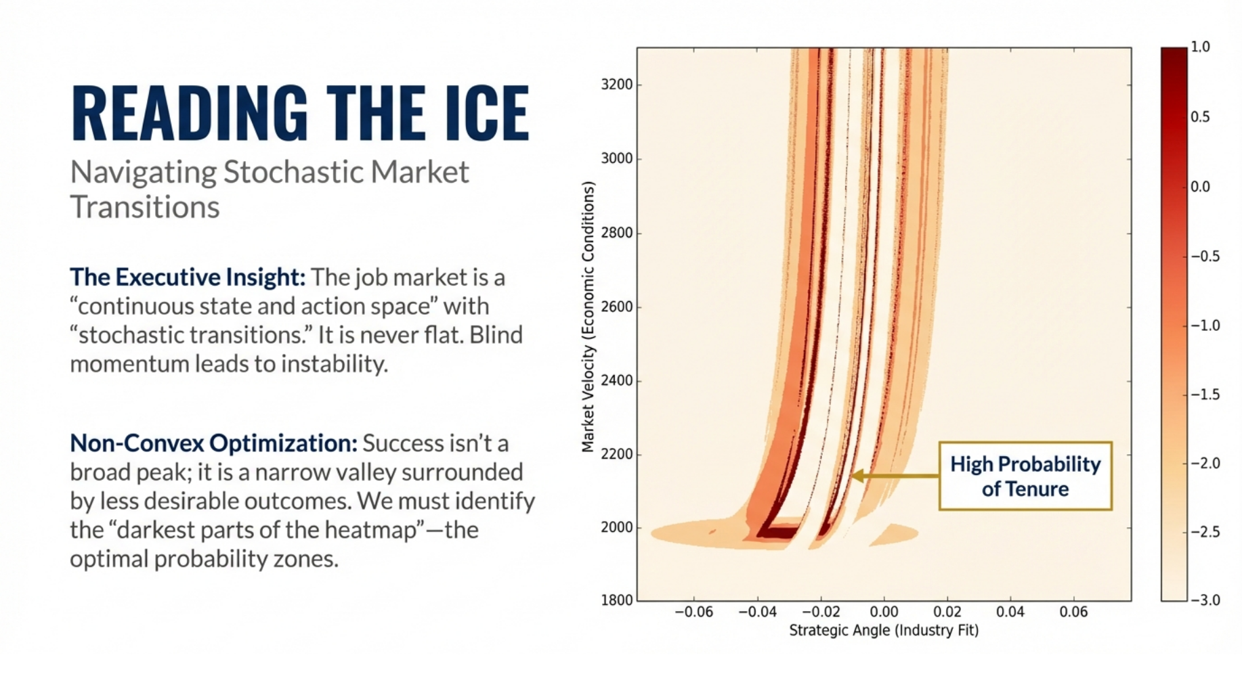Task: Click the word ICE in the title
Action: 487,113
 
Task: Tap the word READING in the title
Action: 190,113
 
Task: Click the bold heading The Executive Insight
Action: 188,277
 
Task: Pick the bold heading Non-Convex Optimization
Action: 213,443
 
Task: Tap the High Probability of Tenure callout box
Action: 1025,476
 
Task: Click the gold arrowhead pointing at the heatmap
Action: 857,476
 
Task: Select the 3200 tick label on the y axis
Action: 616,85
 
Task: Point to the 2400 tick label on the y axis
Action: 616,380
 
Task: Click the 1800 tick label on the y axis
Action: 616,600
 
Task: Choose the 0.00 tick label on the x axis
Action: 884,612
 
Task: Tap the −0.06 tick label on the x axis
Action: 694,612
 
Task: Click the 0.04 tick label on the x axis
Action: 1010,612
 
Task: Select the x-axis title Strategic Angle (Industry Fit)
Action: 884,631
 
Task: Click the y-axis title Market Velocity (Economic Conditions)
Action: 588,317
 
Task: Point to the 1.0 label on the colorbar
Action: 1201,47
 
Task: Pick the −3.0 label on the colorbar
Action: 1205,600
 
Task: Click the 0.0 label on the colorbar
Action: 1201,187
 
